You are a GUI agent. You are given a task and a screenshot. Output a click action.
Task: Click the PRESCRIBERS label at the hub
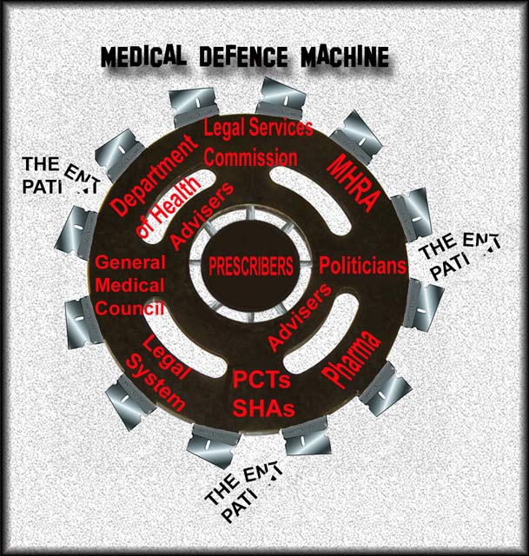click(x=250, y=267)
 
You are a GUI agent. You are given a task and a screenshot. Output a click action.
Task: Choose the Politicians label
click(x=363, y=266)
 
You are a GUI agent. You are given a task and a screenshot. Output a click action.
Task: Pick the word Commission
click(x=248, y=159)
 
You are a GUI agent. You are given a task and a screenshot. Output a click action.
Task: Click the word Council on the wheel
click(x=129, y=307)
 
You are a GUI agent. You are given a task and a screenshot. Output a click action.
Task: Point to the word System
click(x=159, y=381)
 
